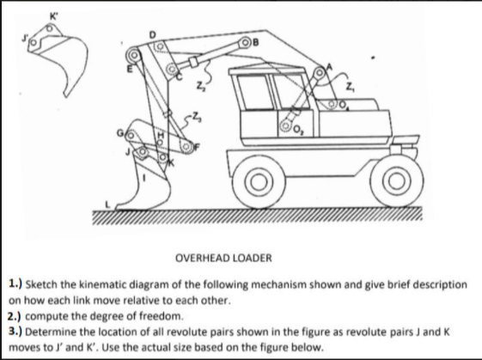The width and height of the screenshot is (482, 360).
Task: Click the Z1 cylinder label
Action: point(349,85)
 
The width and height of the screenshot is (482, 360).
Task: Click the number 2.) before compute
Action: point(15,314)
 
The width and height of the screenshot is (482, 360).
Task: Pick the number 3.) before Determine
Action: point(15,329)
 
